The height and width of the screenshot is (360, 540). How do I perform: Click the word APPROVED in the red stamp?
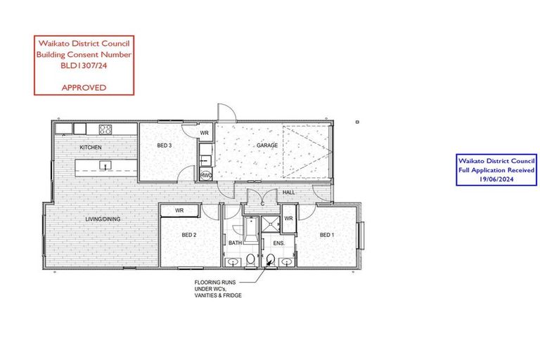pyautogui.click(x=84, y=88)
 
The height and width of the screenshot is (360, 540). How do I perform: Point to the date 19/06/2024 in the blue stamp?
pyautogui.click(x=496, y=179)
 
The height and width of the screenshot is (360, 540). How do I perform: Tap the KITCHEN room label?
pyautogui.click(x=90, y=147)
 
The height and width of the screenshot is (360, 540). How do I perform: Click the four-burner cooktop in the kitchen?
pyautogui.click(x=106, y=129)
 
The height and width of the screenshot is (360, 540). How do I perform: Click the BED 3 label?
pyautogui.click(x=165, y=146)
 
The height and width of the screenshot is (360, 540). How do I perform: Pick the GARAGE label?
pyautogui.click(x=267, y=146)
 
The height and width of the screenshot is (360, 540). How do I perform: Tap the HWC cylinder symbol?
pyautogui.click(x=206, y=175)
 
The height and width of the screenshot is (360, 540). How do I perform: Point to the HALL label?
pyautogui.click(x=288, y=192)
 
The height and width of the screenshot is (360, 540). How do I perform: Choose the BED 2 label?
pyautogui.click(x=189, y=235)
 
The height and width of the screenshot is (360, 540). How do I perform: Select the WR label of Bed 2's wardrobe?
pyautogui.click(x=179, y=210)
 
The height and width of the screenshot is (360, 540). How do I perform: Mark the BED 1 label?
pyautogui.click(x=326, y=235)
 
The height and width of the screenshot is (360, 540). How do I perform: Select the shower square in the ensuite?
pyautogui.click(x=270, y=224)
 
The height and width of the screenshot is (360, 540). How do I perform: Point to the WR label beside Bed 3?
pyautogui.click(x=205, y=132)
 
